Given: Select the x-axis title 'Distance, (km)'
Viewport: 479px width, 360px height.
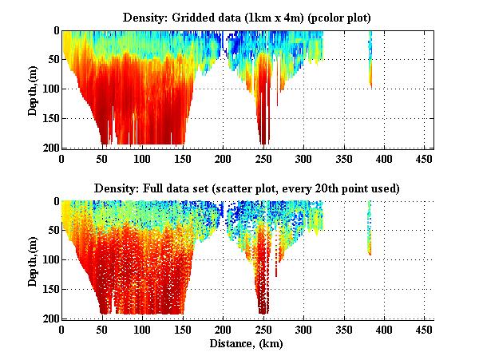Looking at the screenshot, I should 247,344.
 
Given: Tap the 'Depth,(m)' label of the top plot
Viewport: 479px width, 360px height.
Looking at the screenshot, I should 33,89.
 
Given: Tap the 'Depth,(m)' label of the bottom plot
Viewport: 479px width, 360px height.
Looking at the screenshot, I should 33,260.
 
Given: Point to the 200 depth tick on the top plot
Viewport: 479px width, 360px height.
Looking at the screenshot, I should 50,148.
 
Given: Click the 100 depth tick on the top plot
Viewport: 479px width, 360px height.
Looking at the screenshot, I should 50,89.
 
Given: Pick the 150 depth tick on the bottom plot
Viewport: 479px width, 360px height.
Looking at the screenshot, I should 50,289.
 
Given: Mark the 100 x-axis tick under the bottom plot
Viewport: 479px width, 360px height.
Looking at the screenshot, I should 142,328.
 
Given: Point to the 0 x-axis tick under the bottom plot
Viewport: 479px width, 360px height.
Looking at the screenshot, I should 62,328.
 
